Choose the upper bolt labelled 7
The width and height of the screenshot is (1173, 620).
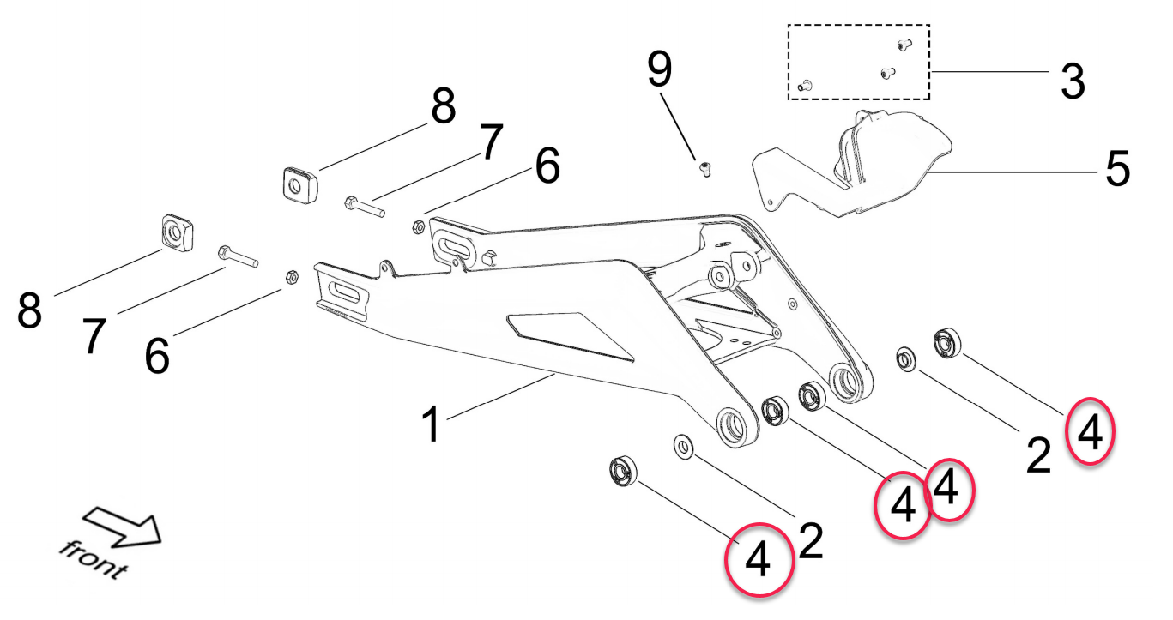pyautogui.click(x=364, y=207)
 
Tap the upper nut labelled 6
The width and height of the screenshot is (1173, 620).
pyautogui.click(x=417, y=227)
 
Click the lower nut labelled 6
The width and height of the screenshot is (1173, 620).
pyautogui.click(x=291, y=278)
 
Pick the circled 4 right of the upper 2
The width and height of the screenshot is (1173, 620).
pyautogui.click(x=1090, y=432)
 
